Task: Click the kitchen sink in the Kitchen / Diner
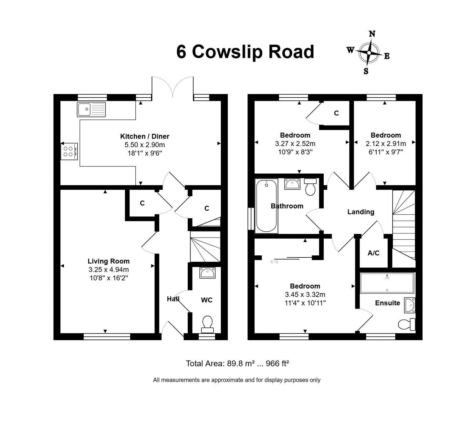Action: [91, 109]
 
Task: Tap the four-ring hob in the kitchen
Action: [69, 151]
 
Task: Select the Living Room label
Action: [109, 261]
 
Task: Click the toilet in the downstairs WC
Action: [207, 324]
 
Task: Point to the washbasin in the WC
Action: [207, 273]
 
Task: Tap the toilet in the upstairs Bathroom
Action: [311, 187]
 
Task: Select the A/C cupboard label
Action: [374, 253]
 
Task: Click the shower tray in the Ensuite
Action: [387, 283]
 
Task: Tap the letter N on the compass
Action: [372, 34]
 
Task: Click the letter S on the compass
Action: [366, 71]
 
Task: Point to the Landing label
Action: [361, 212]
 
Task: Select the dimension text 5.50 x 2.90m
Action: [145, 145]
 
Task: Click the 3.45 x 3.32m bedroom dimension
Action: [305, 295]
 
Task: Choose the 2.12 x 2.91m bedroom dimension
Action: [386, 144]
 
